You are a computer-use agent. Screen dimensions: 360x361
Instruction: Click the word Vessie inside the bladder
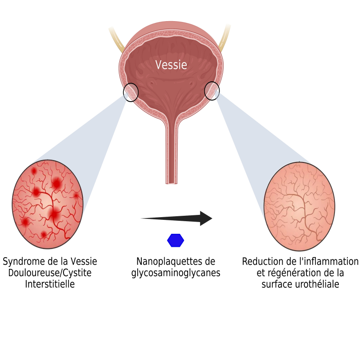click(171, 65)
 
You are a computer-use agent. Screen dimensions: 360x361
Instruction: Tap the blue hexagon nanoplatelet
click(175, 241)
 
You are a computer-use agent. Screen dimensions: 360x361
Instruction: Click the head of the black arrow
click(206, 218)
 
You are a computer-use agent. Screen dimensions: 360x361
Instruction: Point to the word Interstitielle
click(50, 284)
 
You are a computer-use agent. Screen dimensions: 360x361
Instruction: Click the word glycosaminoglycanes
click(176, 273)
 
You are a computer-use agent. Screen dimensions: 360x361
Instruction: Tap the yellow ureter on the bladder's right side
click(225, 37)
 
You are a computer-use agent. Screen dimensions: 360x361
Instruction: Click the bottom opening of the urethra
click(171, 183)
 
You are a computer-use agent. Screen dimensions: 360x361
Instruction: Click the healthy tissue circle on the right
click(299, 206)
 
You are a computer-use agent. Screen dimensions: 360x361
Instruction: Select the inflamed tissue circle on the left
click(48, 204)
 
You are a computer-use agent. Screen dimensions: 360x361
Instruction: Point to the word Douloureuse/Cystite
click(50, 273)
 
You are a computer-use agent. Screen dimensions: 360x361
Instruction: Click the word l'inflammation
click(329, 262)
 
